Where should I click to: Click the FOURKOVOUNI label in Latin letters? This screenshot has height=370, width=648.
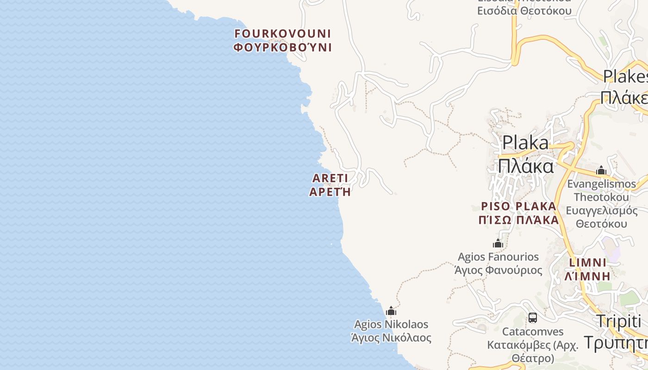282,34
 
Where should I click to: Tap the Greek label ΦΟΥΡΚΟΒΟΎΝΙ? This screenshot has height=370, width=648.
282,47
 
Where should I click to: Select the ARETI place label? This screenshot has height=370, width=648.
330,178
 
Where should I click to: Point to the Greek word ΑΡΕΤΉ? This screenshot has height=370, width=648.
330,191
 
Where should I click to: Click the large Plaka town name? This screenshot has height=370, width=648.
526,142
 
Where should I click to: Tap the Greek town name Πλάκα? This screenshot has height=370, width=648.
526,166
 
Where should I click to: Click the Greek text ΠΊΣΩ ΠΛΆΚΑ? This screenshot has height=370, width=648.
518,220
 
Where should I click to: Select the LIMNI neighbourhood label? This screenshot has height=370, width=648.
588,263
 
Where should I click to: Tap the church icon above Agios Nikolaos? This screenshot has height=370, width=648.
391,311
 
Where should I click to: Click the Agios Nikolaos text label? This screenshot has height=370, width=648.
391,324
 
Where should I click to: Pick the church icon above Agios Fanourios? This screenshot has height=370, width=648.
498,243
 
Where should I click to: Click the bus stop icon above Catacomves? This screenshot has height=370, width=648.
533,318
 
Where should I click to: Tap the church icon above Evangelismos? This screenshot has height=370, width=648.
601,170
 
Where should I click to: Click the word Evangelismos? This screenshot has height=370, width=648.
601,184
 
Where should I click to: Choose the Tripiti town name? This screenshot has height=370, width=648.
618,321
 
